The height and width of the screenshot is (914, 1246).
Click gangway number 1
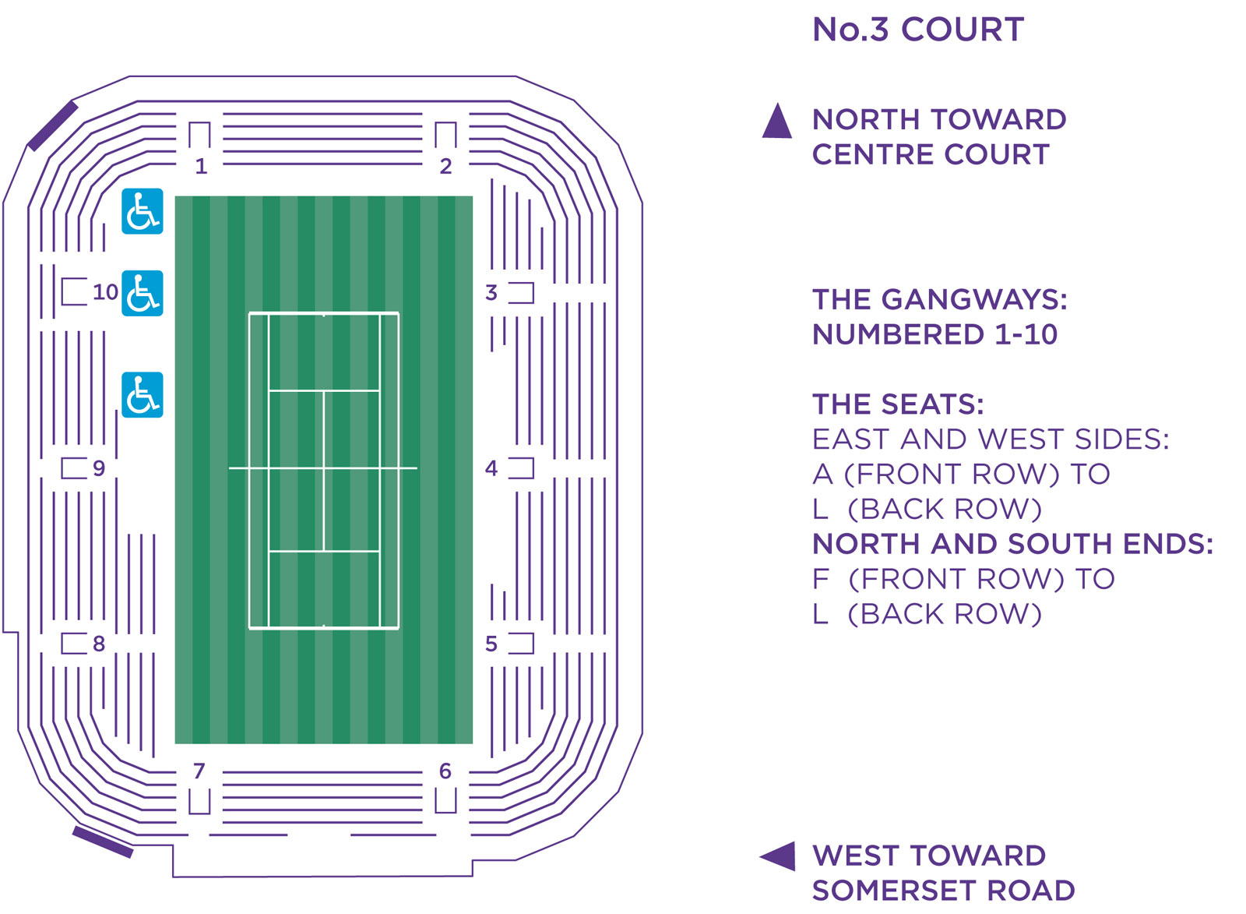point(202,166)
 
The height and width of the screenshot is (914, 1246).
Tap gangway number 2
point(445,166)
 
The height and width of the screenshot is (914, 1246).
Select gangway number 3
point(491,292)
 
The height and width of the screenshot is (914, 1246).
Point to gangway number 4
point(491,468)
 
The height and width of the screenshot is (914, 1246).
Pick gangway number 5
point(491,644)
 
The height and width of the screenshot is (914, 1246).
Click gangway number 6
point(445,771)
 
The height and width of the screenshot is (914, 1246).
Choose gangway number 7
point(199,771)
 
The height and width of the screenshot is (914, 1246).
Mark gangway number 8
point(99,644)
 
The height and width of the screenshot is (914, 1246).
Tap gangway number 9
point(99,468)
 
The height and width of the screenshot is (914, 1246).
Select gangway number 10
point(106,291)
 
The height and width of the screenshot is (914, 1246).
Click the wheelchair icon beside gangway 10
point(143,293)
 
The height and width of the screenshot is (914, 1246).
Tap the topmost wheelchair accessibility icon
point(143,211)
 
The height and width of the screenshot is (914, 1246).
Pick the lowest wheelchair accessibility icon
point(143,394)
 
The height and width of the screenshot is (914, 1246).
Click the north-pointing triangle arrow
point(777,121)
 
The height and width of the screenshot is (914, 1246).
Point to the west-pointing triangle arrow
point(778,856)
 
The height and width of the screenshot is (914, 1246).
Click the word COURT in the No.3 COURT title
point(963,29)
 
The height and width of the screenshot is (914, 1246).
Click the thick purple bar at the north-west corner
point(53,125)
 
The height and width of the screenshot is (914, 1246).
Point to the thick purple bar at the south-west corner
point(103,842)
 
